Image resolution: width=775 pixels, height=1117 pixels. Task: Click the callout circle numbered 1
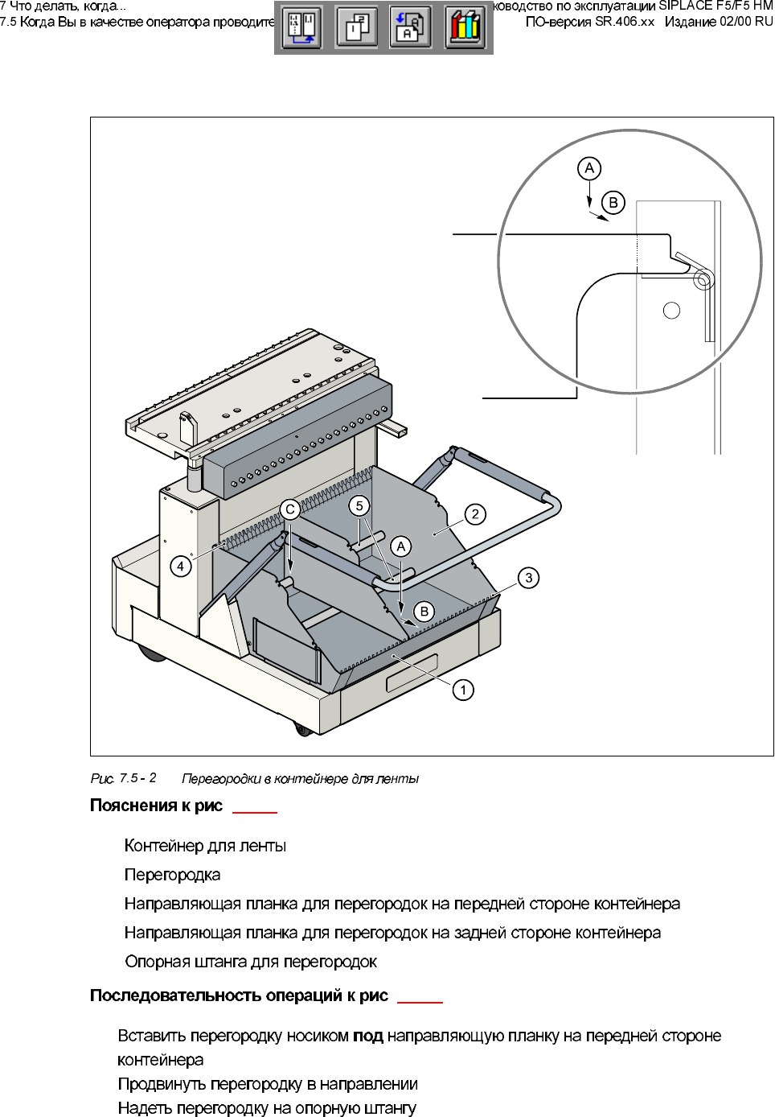click(463, 690)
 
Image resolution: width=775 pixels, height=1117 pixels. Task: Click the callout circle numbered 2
click(475, 514)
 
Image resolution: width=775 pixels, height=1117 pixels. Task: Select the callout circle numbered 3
click(528, 578)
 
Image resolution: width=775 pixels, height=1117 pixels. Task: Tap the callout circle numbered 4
click(181, 567)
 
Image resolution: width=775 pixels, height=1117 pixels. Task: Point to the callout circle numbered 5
click(359, 505)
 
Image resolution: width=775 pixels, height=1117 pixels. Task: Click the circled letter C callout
click(290, 509)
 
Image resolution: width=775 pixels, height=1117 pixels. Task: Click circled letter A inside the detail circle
click(589, 168)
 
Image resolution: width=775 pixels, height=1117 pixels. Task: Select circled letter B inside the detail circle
click(613, 202)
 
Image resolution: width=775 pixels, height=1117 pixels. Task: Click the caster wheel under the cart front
click(303, 729)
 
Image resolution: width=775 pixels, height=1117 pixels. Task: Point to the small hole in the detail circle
click(671, 311)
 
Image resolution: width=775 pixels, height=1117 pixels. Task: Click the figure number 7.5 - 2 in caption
click(137, 778)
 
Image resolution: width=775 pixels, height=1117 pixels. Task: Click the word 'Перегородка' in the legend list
click(172, 875)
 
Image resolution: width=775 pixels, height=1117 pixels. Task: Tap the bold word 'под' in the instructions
click(367, 1036)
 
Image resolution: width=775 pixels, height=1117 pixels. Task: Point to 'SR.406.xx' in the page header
click(625, 22)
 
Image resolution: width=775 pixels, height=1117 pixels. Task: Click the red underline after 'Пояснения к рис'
click(255, 812)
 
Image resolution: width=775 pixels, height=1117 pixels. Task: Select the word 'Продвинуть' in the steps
click(161, 1084)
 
